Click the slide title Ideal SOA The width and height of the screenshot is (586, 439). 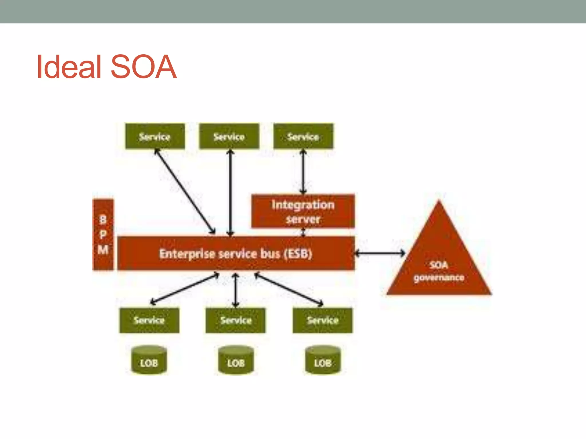point(106,67)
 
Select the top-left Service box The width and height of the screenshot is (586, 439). point(155,136)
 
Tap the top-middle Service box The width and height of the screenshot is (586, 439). point(229,136)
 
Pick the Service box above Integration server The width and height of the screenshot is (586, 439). point(303,136)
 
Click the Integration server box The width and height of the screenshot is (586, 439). point(303,211)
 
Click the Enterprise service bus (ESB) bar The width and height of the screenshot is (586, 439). point(236,253)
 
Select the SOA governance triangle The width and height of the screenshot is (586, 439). point(439,263)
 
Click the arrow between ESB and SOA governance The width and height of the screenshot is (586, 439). point(380,253)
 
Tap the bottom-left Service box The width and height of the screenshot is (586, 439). point(149,320)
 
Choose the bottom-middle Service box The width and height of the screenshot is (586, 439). point(236,320)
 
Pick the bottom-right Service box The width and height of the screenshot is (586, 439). point(323,320)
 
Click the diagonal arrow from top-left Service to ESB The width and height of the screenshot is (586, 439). point(185,191)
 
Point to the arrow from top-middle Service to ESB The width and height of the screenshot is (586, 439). point(230,191)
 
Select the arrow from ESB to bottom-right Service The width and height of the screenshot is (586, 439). point(288,289)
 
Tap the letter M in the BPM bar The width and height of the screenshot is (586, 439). point(103,250)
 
